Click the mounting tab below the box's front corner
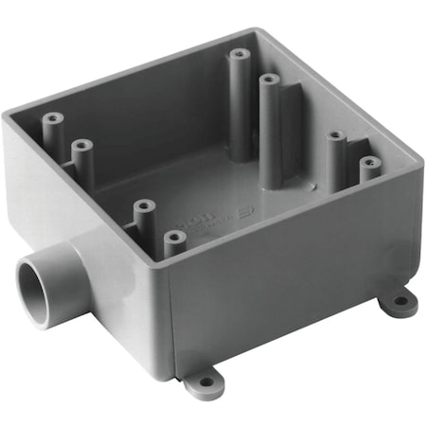pos(201,382)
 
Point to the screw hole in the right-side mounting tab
pos(401,303)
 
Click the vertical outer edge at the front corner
pos(172,322)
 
